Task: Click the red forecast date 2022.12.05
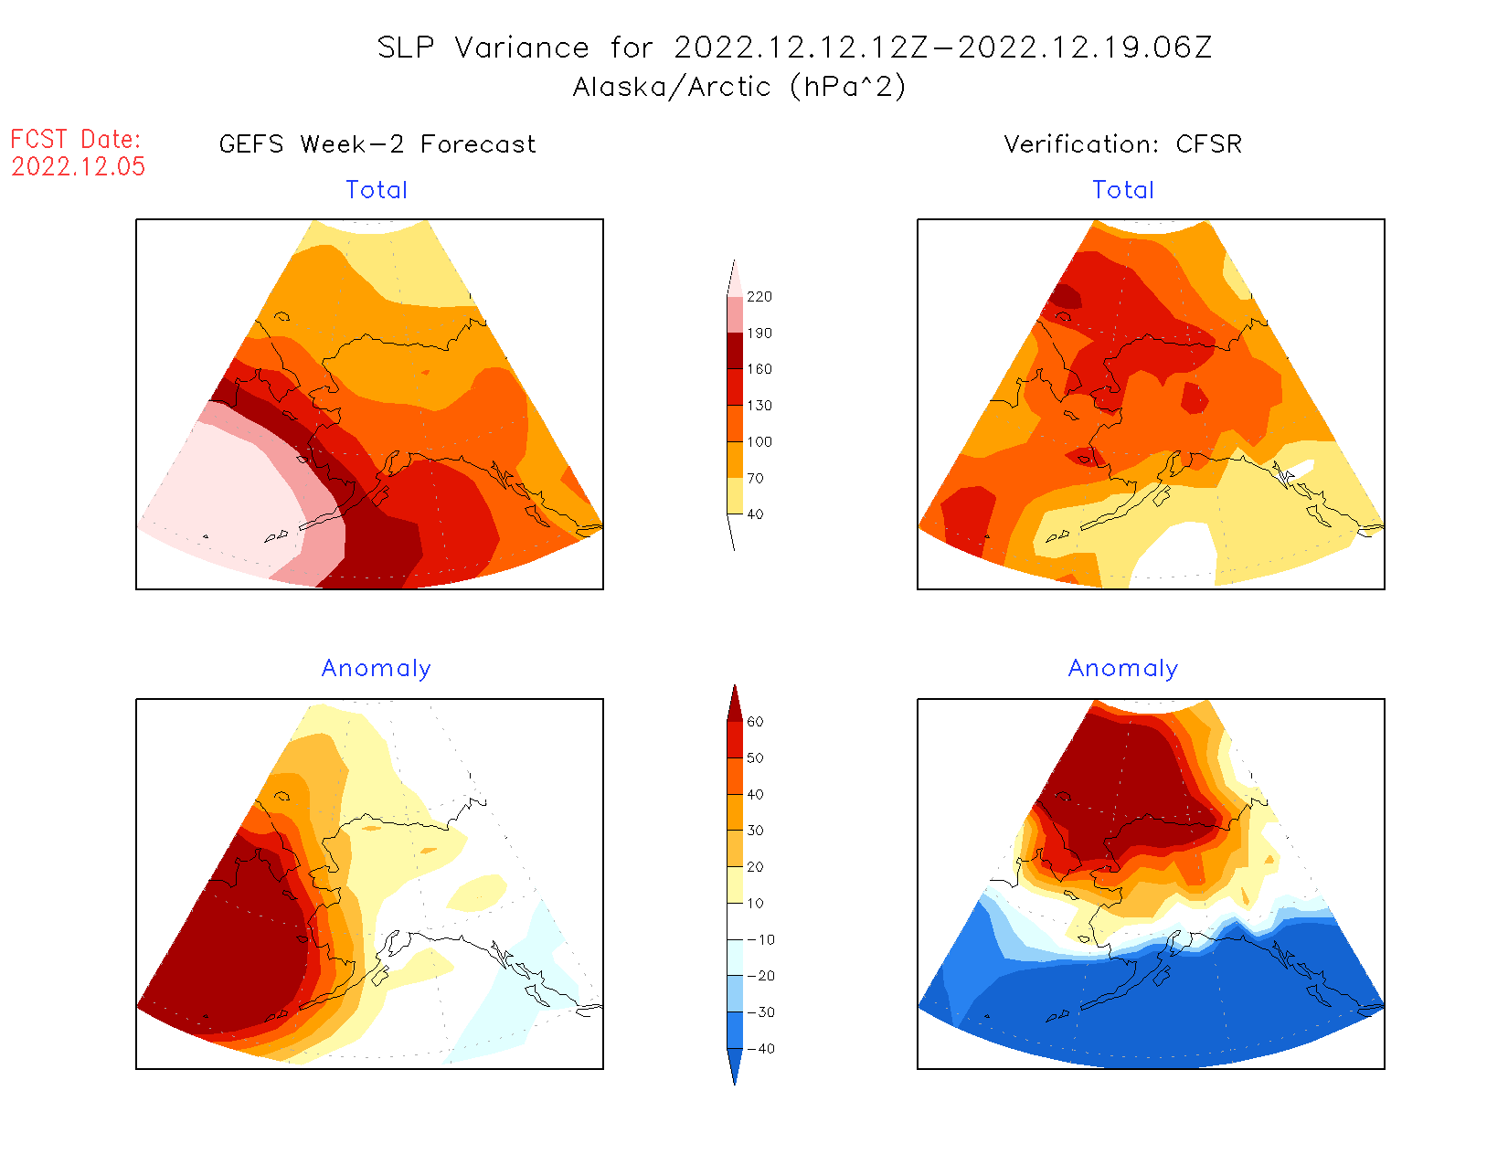coord(78,166)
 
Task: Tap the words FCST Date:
coord(76,140)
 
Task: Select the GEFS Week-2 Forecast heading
coord(377,144)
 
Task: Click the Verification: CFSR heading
coord(1122,144)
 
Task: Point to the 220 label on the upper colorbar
coord(759,297)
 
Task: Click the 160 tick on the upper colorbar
coord(759,369)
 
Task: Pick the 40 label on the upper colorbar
coord(755,514)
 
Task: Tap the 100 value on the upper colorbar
coord(759,442)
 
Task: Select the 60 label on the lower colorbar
coord(755,722)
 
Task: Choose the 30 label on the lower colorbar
coord(755,831)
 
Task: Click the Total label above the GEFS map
coord(377,190)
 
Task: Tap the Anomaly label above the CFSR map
coord(1123,669)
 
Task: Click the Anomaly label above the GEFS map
coord(377,669)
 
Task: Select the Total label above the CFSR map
coord(1123,190)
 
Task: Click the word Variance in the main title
coord(522,48)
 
